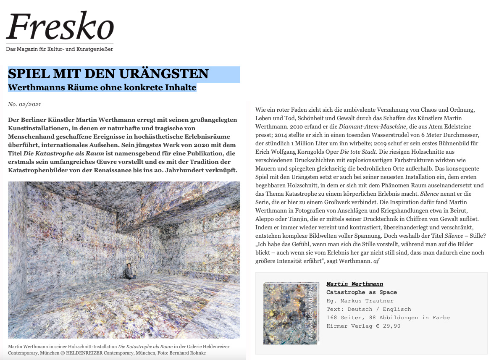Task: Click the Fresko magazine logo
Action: point(60,26)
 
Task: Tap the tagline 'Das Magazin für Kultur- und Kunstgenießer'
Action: point(59,49)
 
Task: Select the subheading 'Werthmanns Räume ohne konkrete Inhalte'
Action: point(102,87)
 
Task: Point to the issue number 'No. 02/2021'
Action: point(24,104)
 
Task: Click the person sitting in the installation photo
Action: point(129,271)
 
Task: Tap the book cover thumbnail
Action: point(291,313)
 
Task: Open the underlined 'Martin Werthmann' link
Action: point(355,284)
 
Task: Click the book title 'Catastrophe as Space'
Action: point(361,292)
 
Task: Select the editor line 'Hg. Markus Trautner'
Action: point(360,301)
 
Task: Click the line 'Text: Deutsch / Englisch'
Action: point(368,309)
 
